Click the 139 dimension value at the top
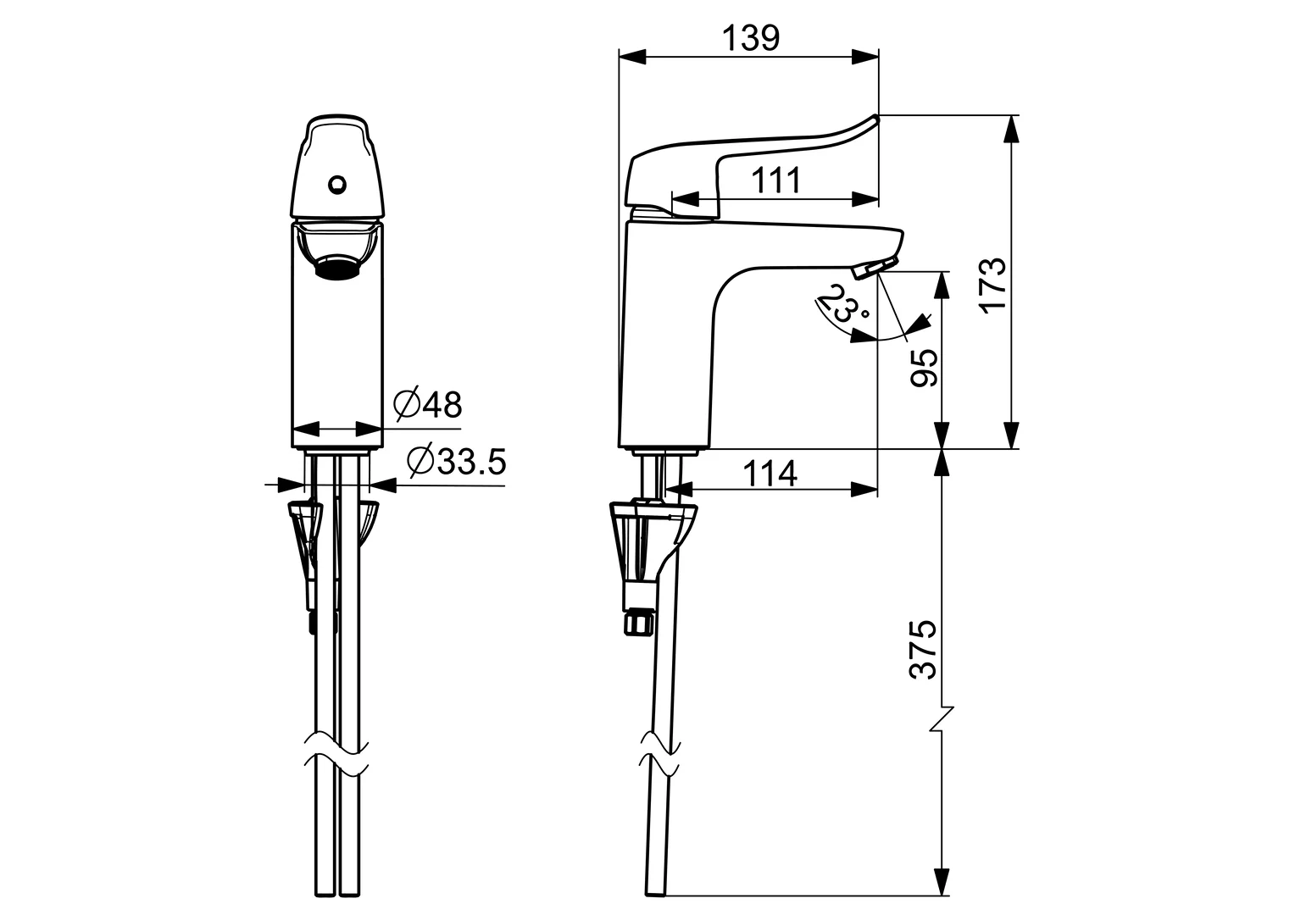pyautogui.click(x=750, y=37)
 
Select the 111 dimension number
pyautogui.click(x=776, y=180)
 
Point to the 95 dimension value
pyautogui.click(x=925, y=367)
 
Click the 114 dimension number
pyautogui.click(x=770, y=473)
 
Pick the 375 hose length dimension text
pyautogui.click(x=924, y=648)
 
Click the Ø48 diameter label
pyautogui.click(x=428, y=405)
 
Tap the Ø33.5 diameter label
pyautogui.click(x=455, y=462)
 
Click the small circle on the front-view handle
pyautogui.click(x=336, y=182)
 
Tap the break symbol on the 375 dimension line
pyautogui.click(x=942, y=720)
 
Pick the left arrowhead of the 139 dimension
pyautogui.click(x=631, y=57)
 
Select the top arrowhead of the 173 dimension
pyautogui.click(x=1009, y=127)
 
